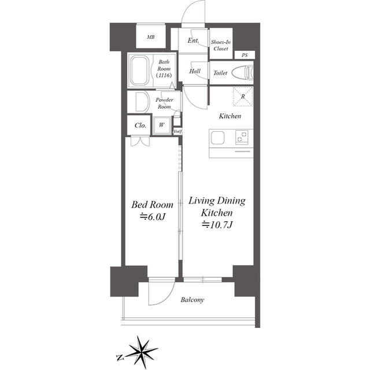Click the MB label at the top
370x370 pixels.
151,38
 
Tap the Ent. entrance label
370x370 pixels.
193,40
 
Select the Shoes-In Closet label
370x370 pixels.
220,45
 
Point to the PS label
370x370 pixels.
245,55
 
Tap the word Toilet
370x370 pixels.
220,73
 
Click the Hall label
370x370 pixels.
194,72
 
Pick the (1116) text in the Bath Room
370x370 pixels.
163,75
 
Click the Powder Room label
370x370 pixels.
164,103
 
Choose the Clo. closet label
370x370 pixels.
140,125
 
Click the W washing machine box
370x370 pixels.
161,125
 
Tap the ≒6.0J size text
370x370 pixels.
152,216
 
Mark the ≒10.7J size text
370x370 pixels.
217,225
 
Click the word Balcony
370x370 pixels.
192,300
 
